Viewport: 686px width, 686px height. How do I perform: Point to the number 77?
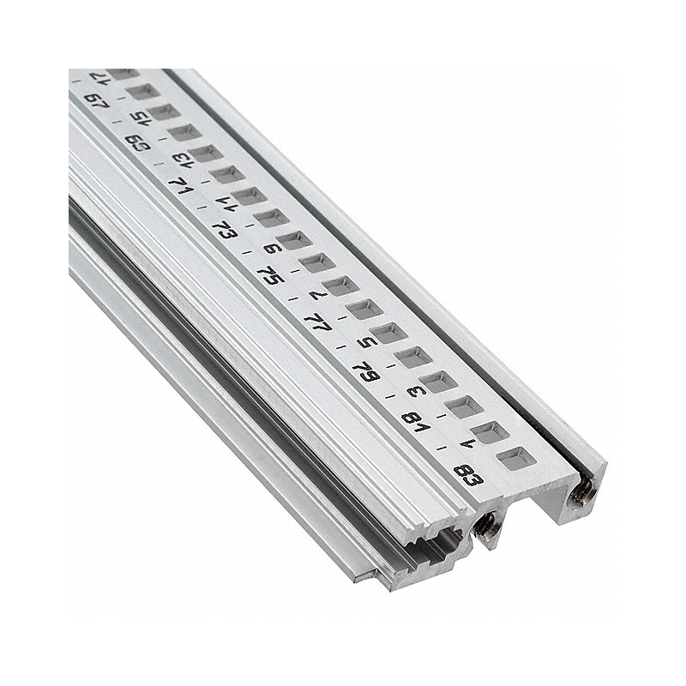[x=316, y=323]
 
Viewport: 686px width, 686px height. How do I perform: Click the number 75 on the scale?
[x=269, y=276]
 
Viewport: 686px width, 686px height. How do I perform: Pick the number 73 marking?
[x=224, y=230]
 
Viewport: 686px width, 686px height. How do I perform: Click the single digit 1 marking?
[x=466, y=443]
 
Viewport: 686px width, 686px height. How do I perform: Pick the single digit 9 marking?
[x=274, y=250]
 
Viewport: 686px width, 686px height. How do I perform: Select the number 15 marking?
[x=138, y=117]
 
